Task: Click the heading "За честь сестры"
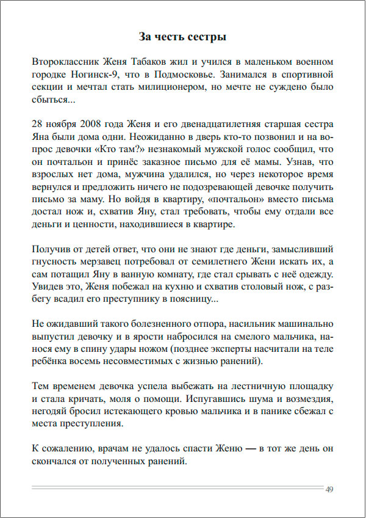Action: click(182, 37)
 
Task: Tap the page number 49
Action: click(329, 489)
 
